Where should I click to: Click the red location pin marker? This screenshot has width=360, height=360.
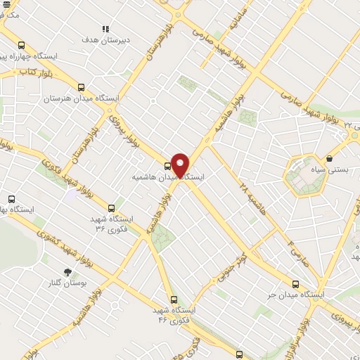tap(180, 166)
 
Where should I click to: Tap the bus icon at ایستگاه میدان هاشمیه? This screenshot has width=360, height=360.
tap(167, 167)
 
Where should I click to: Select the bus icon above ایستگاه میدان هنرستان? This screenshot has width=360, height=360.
tap(81, 88)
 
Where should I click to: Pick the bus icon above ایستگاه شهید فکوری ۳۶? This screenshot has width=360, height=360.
tap(112, 207)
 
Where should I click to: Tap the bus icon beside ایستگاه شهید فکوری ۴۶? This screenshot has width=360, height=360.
tap(174, 298)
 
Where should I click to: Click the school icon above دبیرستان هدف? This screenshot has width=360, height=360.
tap(105, 29)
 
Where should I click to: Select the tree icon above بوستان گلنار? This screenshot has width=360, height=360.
tap(67, 272)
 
